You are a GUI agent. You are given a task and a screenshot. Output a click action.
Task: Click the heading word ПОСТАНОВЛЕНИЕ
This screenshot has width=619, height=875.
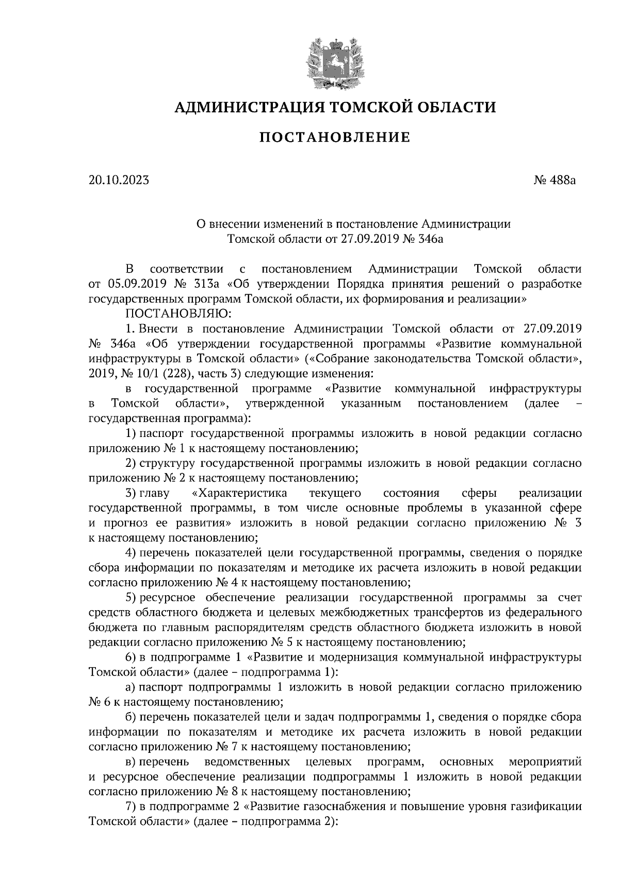tap(334, 138)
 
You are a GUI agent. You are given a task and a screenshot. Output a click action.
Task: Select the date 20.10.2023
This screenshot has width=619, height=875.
tap(119, 180)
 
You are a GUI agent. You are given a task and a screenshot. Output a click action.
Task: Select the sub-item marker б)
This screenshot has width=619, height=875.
tap(131, 717)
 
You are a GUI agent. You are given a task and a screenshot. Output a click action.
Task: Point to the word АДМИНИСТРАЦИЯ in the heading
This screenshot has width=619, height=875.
tap(249, 107)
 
